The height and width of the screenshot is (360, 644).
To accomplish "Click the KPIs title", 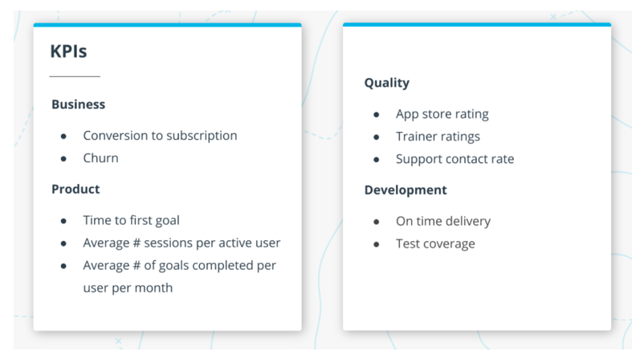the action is pos(68,51).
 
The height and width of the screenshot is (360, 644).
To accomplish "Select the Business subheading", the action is pos(79,104).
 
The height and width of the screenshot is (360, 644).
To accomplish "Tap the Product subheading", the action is pos(75,189).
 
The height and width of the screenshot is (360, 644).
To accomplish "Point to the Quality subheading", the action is pos(387,83).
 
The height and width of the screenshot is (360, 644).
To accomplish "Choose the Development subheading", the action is pos(406,190).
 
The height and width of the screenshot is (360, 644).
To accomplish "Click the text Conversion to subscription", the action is pos(160,136).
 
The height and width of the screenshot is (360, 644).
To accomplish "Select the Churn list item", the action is pos(100,158).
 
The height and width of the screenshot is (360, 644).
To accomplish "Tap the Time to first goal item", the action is pos(132,221).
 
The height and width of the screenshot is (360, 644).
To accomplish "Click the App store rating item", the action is pos(442,114).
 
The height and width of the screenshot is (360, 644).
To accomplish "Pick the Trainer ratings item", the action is pos(438,137).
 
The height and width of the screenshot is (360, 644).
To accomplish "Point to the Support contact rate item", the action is pos(455,159).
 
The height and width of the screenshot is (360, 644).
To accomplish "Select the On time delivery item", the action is pos(443,222).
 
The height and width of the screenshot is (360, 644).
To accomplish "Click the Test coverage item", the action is pos(435,244).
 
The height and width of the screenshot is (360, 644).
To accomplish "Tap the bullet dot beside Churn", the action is pos(63,159).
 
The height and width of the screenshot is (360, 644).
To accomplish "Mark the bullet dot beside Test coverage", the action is pos(377,245).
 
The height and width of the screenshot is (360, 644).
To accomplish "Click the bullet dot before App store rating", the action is pos(377,115).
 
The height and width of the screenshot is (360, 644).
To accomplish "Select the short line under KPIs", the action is pos(75,76).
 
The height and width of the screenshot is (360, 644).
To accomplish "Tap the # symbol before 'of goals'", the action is pos(137,266).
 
